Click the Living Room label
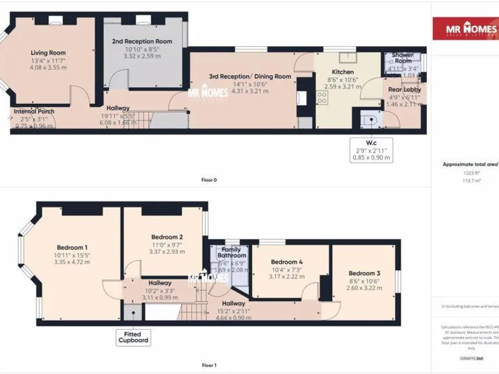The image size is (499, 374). [48, 53]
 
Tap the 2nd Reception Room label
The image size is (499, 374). [141, 42]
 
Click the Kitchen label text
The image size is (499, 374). [342, 71]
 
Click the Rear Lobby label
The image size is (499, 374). [404, 89]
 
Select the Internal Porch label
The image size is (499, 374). [34, 111]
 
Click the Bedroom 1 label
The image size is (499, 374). [71, 247]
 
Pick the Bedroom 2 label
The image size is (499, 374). [167, 237]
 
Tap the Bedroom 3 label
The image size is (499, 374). [364, 273]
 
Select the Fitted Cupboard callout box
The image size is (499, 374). [133, 337]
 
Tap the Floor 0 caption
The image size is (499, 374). [208, 180]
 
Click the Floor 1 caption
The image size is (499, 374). [208, 365]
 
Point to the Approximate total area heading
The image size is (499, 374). [469, 165]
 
